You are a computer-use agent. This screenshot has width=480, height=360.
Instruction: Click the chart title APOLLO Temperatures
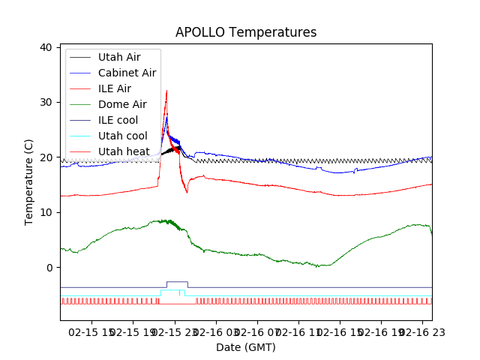click(x=246, y=32)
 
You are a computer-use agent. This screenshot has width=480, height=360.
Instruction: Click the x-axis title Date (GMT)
click(x=246, y=347)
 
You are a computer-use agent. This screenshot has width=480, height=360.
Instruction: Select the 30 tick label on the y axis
click(x=45, y=102)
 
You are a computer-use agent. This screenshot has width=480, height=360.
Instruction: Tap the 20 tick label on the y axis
click(x=45, y=157)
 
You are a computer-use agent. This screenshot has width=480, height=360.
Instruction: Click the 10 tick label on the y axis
click(x=45, y=212)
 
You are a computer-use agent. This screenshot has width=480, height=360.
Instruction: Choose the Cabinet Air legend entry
click(x=127, y=73)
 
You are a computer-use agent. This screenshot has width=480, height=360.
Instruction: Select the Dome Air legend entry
click(x=122, y=104)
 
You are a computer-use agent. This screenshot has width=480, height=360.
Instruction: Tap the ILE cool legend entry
click(x=118, y=120)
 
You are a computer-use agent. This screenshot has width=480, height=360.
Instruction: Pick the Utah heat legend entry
click(x=124, y=151)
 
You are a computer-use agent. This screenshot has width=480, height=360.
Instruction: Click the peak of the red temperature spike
click(x=166, y=91)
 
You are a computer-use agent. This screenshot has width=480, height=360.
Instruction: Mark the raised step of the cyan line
click(x=172, y=290)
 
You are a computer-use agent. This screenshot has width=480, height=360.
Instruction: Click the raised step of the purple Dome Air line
click(x=177, y=282)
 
